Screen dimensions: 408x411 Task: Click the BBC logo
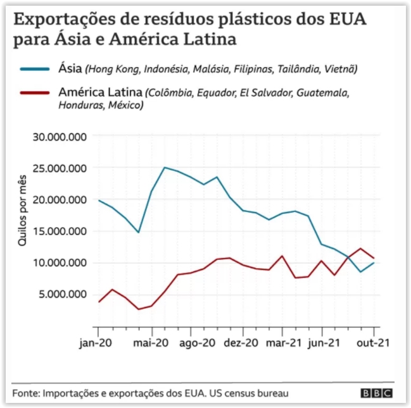tap(376, 393)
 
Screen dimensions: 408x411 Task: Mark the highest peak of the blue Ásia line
tap(165, 168)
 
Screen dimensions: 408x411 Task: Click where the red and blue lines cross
tap(348, 257)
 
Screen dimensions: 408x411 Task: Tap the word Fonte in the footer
tap(25, 393)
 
